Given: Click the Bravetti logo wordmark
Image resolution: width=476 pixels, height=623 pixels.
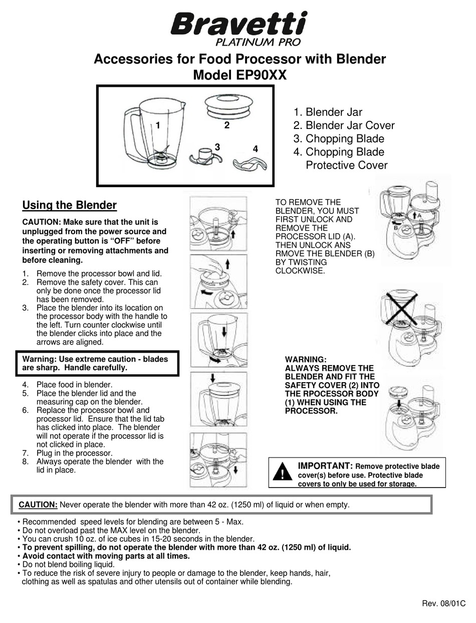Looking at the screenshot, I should point(239,24).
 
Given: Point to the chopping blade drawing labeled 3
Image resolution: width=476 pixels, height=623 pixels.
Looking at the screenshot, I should point(204,155).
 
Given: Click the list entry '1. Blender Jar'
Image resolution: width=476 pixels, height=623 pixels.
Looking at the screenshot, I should point(328,112).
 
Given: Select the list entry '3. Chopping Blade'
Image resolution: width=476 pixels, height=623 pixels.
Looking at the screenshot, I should point(339,139).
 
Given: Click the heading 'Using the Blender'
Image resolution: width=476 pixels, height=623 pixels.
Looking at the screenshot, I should point(70,205).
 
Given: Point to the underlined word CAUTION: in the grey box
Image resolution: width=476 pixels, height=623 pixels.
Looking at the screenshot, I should point(38,505).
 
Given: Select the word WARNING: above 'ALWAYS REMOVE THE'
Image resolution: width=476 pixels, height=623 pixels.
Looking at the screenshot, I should point(306,360).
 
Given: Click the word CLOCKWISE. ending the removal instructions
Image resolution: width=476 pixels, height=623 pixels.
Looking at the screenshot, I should point(300,271).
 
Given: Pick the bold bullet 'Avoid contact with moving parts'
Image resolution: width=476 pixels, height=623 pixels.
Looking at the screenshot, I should point(106,556).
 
